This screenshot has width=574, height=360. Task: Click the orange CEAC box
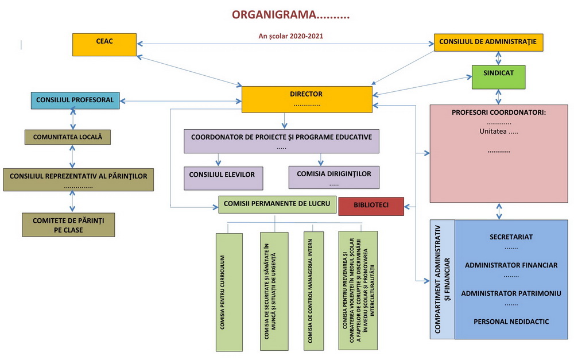pos(104,45)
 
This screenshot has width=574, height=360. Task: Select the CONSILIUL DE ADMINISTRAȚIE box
pos(488,42)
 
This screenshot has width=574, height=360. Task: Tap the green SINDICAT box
pos(498,76)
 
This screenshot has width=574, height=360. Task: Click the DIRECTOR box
pos(306,99)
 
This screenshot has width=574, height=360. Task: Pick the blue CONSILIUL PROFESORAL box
pos(75,100)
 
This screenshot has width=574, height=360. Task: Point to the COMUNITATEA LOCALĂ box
pos(67,137)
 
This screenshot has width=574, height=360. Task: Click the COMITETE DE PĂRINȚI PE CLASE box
pos(68,224)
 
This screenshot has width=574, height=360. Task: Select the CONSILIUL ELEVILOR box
pos(223,178)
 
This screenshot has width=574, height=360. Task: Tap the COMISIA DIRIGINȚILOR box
pos(333,177)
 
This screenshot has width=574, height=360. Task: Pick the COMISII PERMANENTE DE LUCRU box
pos(277,204)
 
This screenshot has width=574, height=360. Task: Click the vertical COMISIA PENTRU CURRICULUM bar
pos(229,292)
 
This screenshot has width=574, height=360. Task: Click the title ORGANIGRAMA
pos(290,14)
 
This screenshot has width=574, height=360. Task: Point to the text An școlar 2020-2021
pos(290,36)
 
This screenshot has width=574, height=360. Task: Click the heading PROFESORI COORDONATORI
pos(498,112)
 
